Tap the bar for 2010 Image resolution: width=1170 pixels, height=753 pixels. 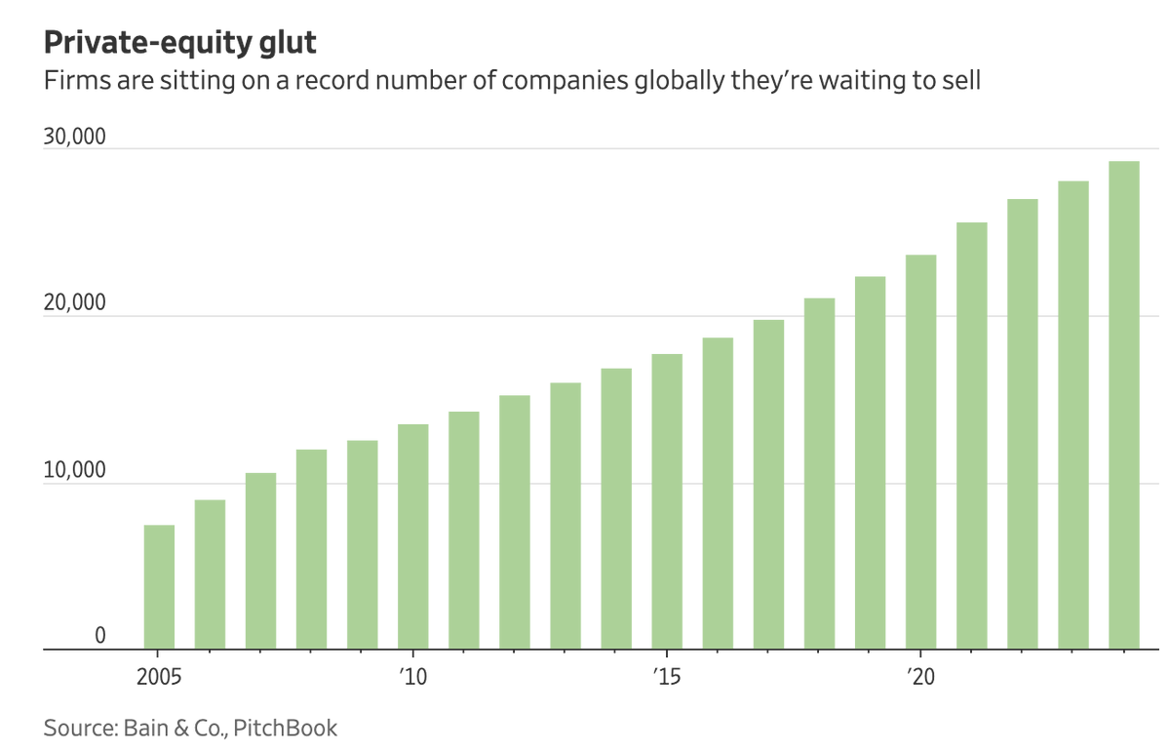click(x=413, y=536)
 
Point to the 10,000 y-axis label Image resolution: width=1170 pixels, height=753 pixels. click(x=74, y=470)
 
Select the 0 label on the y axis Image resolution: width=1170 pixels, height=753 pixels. click(x=99, y=636)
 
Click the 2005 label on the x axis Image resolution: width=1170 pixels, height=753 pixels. click(x=159, y=676)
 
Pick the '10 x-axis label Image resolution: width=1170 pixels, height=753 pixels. click(x=413, y=676)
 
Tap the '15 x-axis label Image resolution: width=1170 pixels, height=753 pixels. click(x=667, y=676)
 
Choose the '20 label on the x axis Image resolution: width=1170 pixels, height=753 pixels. click(x=920, y=676)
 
